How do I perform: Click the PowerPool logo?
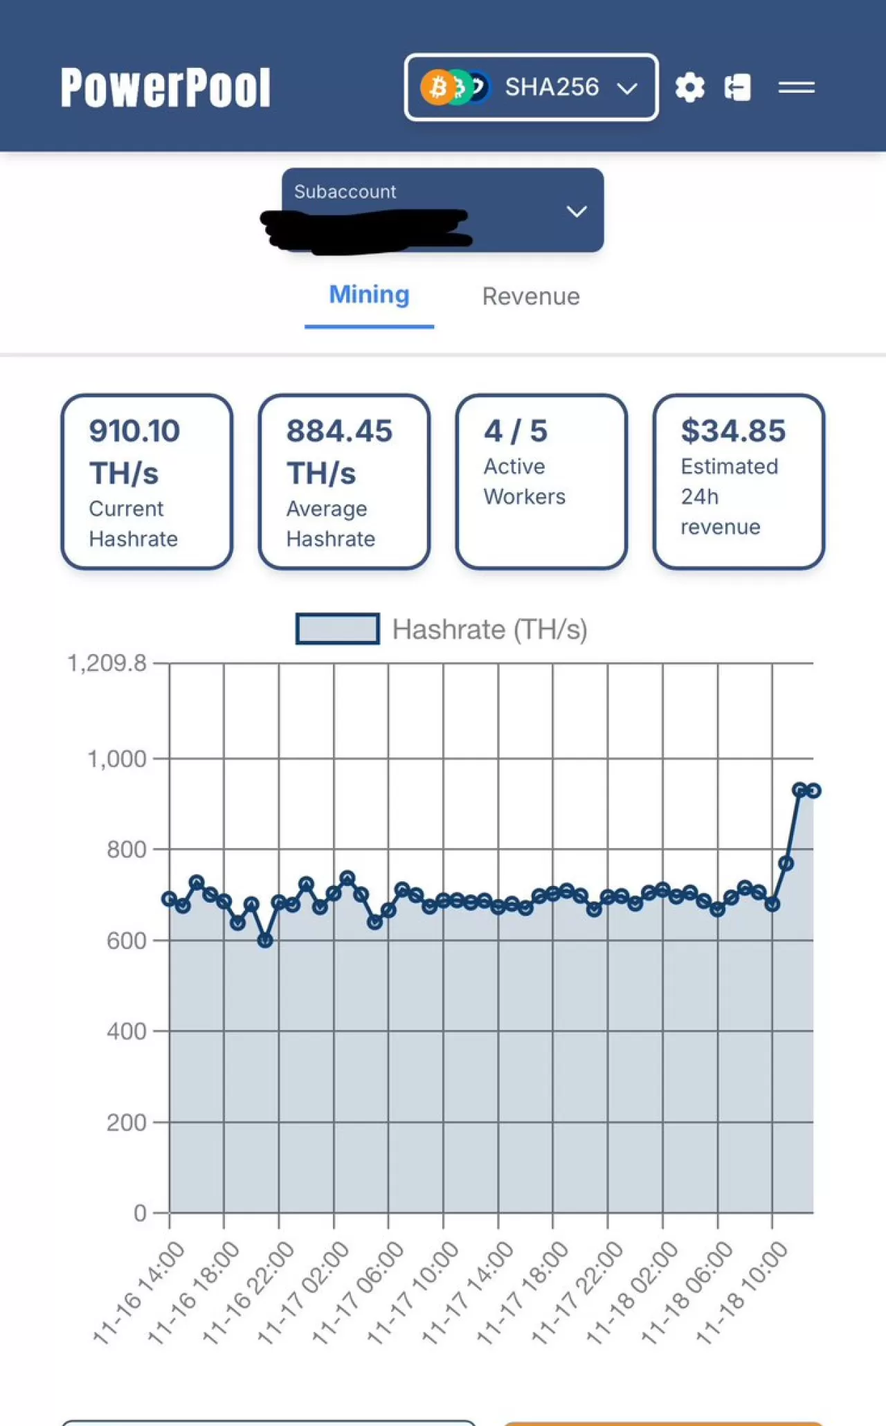[165, 87]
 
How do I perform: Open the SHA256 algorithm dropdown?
[531, 87]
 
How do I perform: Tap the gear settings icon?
[689, 87]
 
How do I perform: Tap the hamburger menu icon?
[796, 87]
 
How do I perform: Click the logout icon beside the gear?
[737, 87]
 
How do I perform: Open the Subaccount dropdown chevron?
[577, 211]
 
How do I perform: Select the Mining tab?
[369, 295]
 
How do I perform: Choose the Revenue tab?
[531, 296]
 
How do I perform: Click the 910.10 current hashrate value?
[134, 431]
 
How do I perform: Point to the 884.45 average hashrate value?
[339, 431]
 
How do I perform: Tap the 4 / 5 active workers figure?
[516, 431]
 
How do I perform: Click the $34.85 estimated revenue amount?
[733, 431]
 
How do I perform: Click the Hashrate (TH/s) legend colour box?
[337, 629]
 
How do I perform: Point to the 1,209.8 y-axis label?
[107, 663]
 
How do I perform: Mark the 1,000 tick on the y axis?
[116, 759]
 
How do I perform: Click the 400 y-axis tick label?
[126, 1031]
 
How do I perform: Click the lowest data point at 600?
[265, 940]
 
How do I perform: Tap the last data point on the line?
[813, 791]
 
